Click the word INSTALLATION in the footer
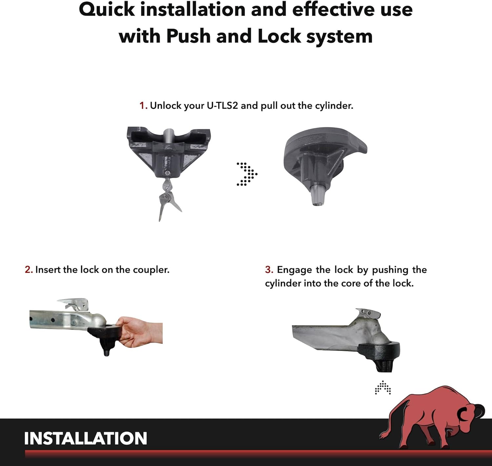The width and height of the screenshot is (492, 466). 85,438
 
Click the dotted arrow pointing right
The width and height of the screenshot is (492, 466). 247,174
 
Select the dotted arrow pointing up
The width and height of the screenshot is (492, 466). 383,387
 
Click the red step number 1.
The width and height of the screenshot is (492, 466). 143,106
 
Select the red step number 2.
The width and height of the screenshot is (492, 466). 28,270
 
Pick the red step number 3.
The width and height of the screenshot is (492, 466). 269,270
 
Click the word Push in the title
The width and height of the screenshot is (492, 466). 188,36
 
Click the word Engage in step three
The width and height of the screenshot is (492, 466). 294,270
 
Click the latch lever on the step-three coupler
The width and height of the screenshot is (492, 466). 368,314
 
